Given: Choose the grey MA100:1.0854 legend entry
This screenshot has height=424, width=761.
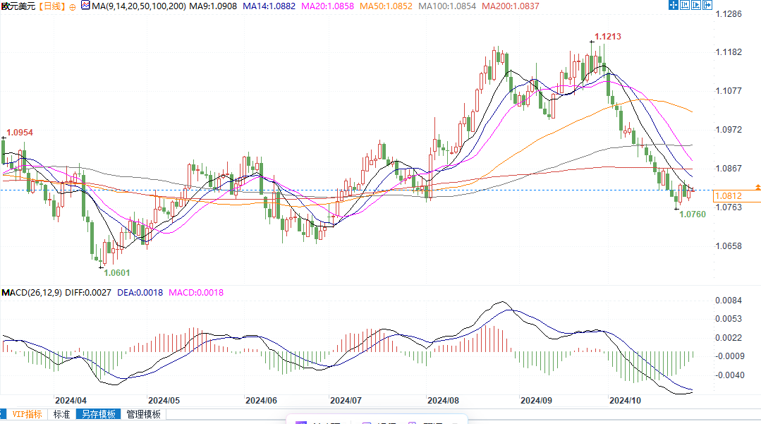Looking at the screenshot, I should click(447, 6).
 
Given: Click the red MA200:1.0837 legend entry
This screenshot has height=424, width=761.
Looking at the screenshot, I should click(510, 6).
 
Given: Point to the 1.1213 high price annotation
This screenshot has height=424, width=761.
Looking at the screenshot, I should click(607, 36).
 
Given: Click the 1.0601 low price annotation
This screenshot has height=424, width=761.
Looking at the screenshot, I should click(117, 272).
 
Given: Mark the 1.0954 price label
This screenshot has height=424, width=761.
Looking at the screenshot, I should click(20, 133).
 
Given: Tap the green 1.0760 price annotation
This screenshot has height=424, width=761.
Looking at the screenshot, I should click(693, 214).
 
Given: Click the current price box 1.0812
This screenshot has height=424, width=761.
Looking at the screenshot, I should click(728, 195).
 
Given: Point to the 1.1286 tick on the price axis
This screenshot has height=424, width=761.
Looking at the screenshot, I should click(728, 13).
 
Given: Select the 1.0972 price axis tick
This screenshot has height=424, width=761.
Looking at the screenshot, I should click(728, 130).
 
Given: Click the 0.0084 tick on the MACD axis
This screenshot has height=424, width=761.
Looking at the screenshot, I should click(728, 301).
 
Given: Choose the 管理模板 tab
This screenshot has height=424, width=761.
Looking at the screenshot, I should click(143, 415).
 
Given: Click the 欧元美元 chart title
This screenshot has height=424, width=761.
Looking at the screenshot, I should click(18, 6).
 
